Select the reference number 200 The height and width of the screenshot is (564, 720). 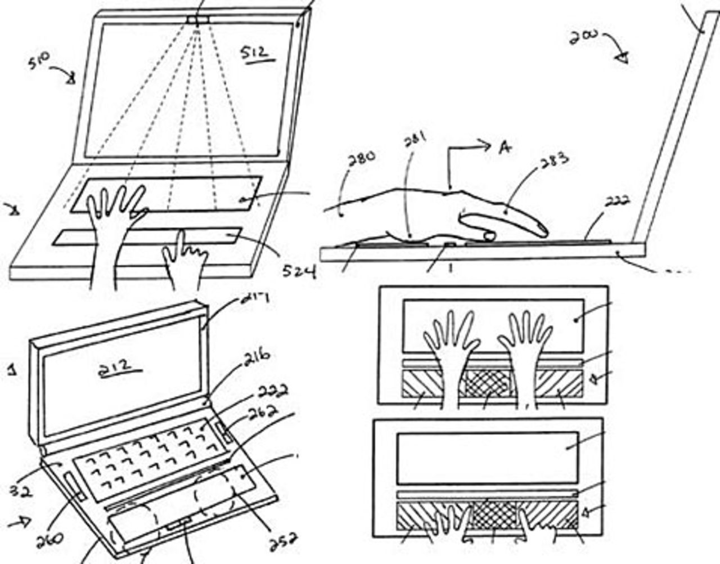(583, 37)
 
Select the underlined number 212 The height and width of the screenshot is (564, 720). (119, 366)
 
